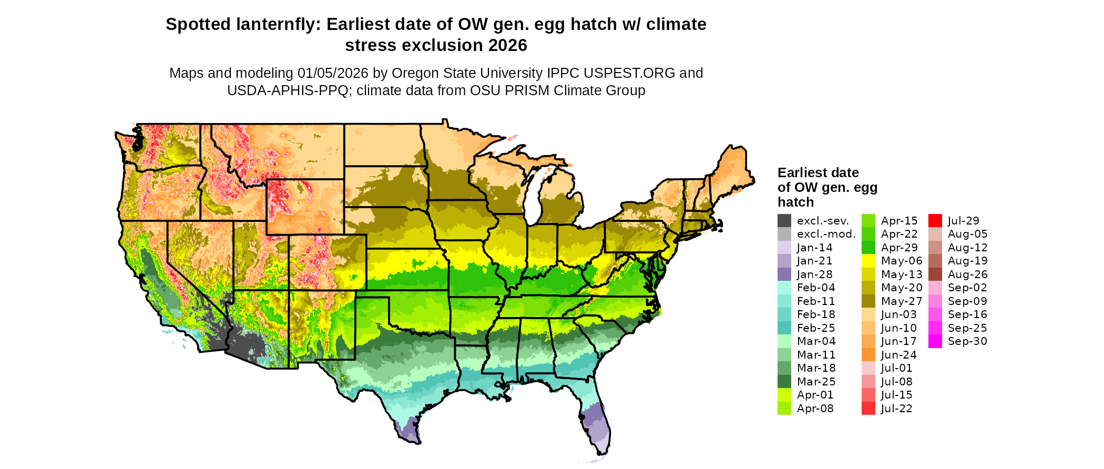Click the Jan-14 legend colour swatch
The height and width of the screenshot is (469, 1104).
click(x=784, y=248)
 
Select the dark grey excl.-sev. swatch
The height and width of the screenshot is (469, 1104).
click(x=784, y=221)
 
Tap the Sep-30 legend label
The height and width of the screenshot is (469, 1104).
click(x=967, y=341)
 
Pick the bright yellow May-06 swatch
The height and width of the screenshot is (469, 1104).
click(x=868, y=261)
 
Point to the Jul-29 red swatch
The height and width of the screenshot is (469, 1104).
click(x=935, y=221)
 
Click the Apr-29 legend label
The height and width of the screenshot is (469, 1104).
click(x=899, y=248)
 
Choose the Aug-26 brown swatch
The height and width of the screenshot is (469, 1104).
click(x=935, y=274)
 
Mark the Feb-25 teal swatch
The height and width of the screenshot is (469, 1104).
click(x=784, y=328)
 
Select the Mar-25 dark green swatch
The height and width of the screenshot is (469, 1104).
click(x=784, y=382)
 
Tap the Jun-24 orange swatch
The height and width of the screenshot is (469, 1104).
click(x=868, y=355)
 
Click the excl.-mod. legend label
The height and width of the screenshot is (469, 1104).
click(x=826, y=234)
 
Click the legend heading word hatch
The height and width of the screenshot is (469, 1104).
click(x=795, y=202)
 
